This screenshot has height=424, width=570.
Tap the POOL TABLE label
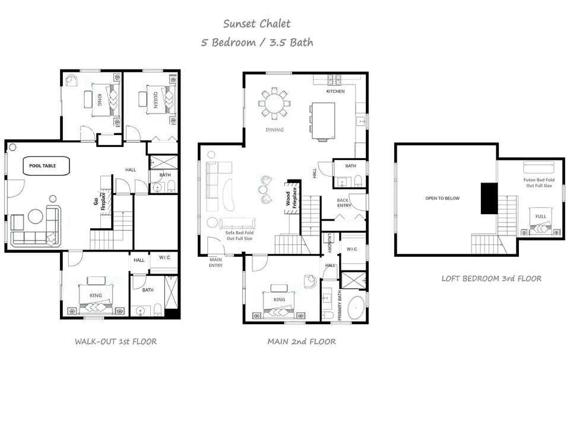coord(44,166)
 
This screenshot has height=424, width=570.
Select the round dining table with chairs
coord(274,103)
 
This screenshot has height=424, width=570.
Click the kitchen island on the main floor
coord(323,121)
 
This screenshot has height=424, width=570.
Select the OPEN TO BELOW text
coord(442,199)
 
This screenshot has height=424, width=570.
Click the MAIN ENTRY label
coord(216,262)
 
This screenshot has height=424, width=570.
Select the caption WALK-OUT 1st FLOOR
coord(116,341)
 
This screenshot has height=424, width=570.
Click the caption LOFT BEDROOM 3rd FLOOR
coord(491,278)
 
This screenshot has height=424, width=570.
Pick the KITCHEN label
coord(335,92)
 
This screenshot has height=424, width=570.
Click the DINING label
coord(274,130)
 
